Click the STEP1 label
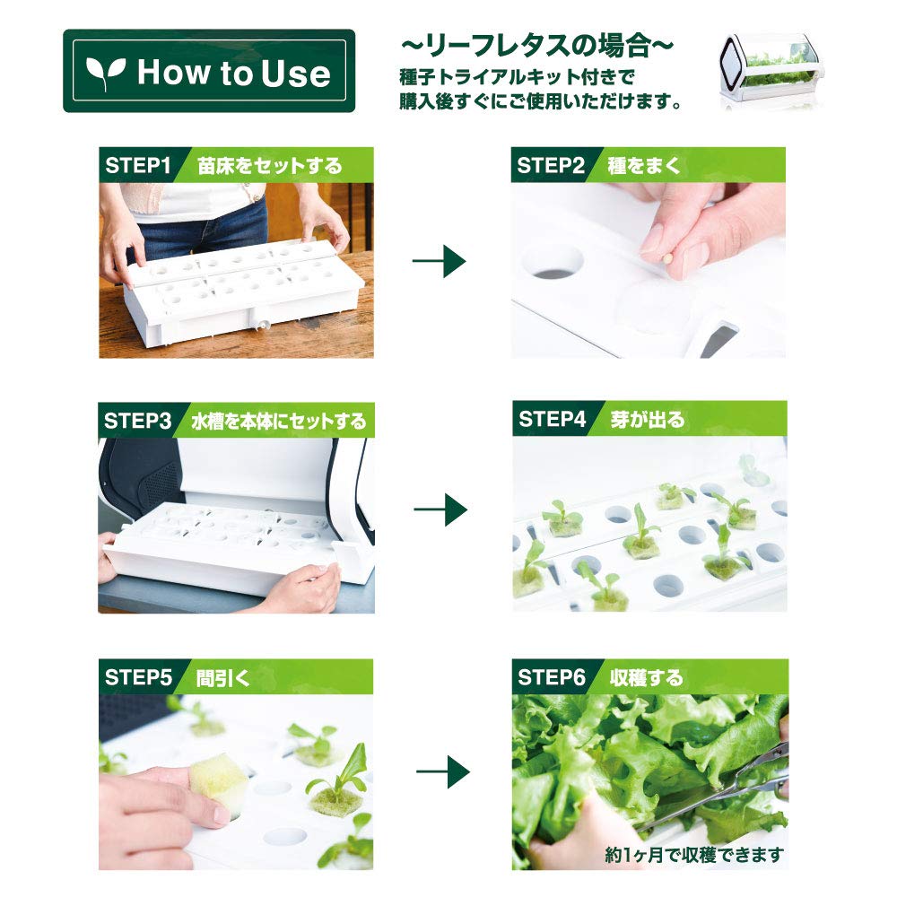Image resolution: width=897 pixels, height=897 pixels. click(x=137, y=166)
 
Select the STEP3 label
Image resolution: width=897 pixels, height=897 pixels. click(x=137, y=421)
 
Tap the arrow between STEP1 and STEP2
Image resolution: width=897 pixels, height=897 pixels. click(x=439, y=262)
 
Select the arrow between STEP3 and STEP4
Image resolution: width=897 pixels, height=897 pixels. click(x=440, y=509)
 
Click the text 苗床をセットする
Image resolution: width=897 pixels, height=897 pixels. click(x=270, y=166)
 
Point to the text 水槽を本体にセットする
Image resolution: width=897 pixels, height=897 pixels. click(x=278, y=421)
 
